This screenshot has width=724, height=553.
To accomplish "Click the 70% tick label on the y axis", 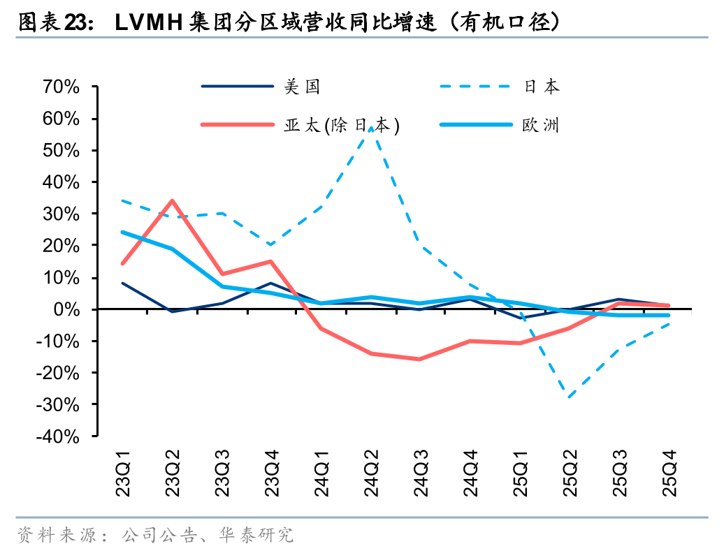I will pyautogui.click(x=61, y=87).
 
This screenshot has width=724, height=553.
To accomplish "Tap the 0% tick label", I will pyautogui.click(x=68, y=309).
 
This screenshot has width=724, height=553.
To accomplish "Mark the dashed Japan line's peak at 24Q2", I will pyautogui.click(x=371, y=128).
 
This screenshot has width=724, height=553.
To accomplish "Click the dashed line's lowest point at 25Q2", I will pyautogui.click(x=570, y=398).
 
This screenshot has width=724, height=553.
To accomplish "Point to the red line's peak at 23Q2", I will pyautogui.click(x=172, y=201).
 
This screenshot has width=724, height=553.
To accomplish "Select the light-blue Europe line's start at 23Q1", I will pyautogui.click(x=123, y=233).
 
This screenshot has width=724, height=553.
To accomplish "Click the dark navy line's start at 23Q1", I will pyautogui.click(x=123, y=283).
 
